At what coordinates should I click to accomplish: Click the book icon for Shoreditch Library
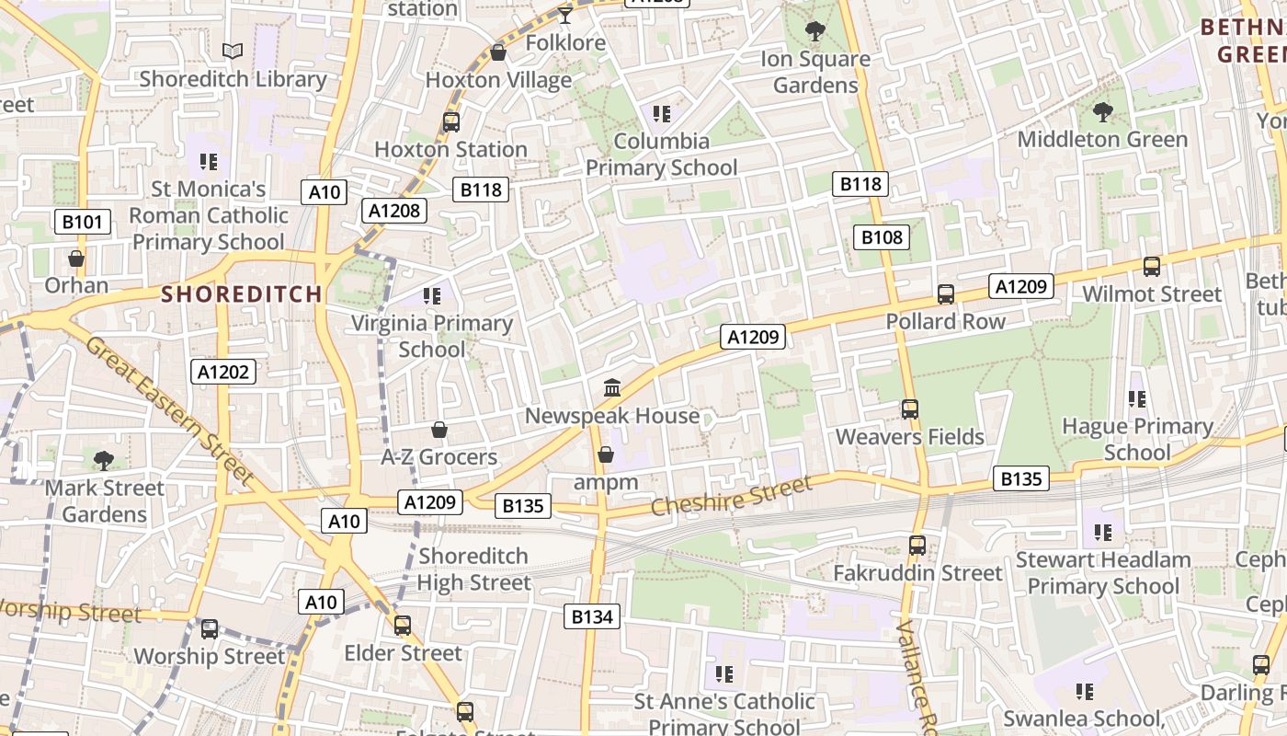[233, 51]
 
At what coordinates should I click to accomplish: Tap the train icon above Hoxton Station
[450, 121]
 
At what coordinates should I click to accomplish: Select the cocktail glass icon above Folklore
[565, 15]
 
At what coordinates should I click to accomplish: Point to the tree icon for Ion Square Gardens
[814, 31]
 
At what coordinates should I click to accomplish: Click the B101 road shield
[83, 222]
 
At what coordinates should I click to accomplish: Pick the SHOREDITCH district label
[242, 294]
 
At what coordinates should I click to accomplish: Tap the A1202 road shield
[222, 372]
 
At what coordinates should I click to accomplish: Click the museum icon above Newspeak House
[612, 387]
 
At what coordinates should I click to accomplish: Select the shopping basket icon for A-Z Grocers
[439, 430]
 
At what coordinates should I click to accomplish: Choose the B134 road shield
[592, 616]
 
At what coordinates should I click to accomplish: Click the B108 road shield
[882, 237]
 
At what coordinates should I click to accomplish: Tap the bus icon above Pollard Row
[945, 294]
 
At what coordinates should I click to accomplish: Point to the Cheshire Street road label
[732, 497]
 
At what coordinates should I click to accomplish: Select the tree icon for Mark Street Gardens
[104, 460]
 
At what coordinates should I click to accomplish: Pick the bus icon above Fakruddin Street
[917, 545]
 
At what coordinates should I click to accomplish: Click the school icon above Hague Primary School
[1137, 399]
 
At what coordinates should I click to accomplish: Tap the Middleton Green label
[1102, 140]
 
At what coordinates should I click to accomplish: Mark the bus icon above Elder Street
[403, 626]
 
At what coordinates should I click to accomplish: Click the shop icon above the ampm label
[605, 454]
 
